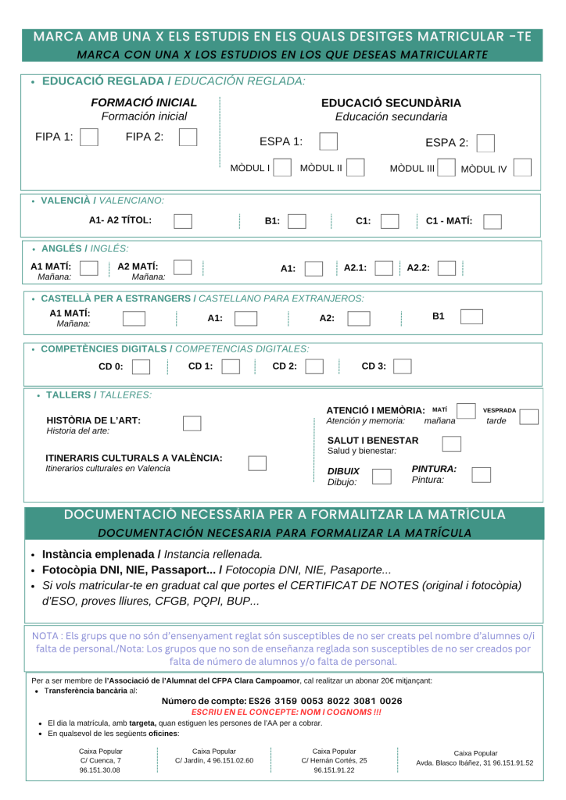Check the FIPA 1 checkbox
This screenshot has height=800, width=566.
(89, 137)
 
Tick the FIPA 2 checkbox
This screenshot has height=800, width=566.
(188, 137)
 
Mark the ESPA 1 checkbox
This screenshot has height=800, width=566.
(329, 141)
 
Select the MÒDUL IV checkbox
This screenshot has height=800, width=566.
(523, 168)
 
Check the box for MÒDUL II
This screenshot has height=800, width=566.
(356, 168)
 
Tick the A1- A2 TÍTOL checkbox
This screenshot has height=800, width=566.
(183, 221)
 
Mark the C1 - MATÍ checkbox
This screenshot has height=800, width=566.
(493, 221)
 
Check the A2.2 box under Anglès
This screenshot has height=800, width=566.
(446, 268)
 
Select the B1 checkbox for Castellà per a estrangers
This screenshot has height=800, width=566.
(471, 316)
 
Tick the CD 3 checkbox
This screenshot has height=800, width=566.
(403, 366)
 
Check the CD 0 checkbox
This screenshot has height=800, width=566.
(141, 366)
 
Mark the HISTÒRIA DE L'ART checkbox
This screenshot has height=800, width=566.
(192, 423)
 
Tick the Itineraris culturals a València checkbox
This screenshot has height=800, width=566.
(257, 462)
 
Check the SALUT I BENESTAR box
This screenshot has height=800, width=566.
(451, 444)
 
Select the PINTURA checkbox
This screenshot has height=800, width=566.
(482, 474)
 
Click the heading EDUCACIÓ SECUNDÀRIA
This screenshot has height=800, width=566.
(391, 103)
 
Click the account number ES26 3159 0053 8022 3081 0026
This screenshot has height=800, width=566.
(281, 702)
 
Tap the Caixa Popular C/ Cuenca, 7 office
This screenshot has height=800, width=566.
(101, 760)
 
